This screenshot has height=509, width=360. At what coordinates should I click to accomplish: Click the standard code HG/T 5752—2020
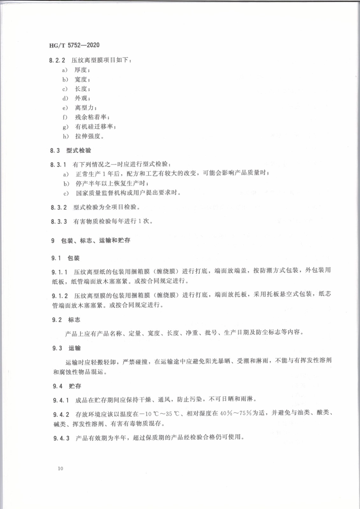(74, 45)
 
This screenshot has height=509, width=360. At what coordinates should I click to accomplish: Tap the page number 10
(60, 468)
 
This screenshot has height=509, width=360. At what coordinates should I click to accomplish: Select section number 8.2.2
(57, 60)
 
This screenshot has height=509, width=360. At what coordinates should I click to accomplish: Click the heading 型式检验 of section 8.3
(79, 150)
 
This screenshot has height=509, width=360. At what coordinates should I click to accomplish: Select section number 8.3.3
(59, 221)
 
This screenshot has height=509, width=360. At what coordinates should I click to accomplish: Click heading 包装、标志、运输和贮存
(95, 241)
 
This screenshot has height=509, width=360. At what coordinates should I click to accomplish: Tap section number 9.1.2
(60, 296)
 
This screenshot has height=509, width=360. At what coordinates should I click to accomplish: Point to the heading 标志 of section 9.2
(74, 320)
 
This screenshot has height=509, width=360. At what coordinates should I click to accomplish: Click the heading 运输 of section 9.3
(74, 348)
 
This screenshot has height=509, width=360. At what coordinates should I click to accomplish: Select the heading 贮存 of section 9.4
(75, 386)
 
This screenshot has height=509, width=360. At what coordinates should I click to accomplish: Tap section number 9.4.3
(61, 438)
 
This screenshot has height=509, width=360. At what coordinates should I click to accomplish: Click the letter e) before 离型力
(65, 108)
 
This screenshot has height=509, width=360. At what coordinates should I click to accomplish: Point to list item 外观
(82, 98)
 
